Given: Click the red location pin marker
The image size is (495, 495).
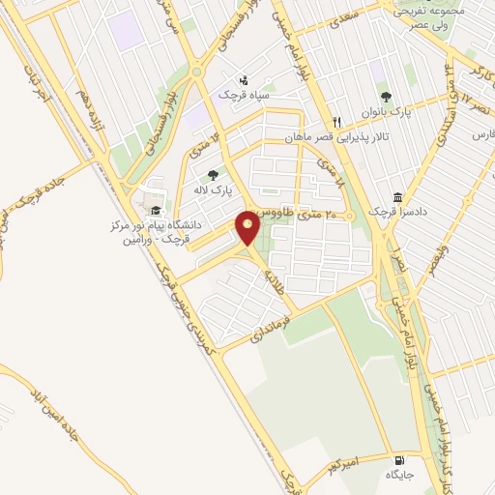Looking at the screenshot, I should tap(248, 228).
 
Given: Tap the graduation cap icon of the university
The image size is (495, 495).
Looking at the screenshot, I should tap(155, 210).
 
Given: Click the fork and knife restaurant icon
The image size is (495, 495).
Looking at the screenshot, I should tap(337, 122).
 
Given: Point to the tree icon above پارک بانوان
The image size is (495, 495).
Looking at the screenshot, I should tap(386, 96).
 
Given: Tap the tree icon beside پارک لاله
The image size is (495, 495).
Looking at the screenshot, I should tap(212, 175).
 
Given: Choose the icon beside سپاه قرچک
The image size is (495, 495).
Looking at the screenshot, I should tap(243, 80).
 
